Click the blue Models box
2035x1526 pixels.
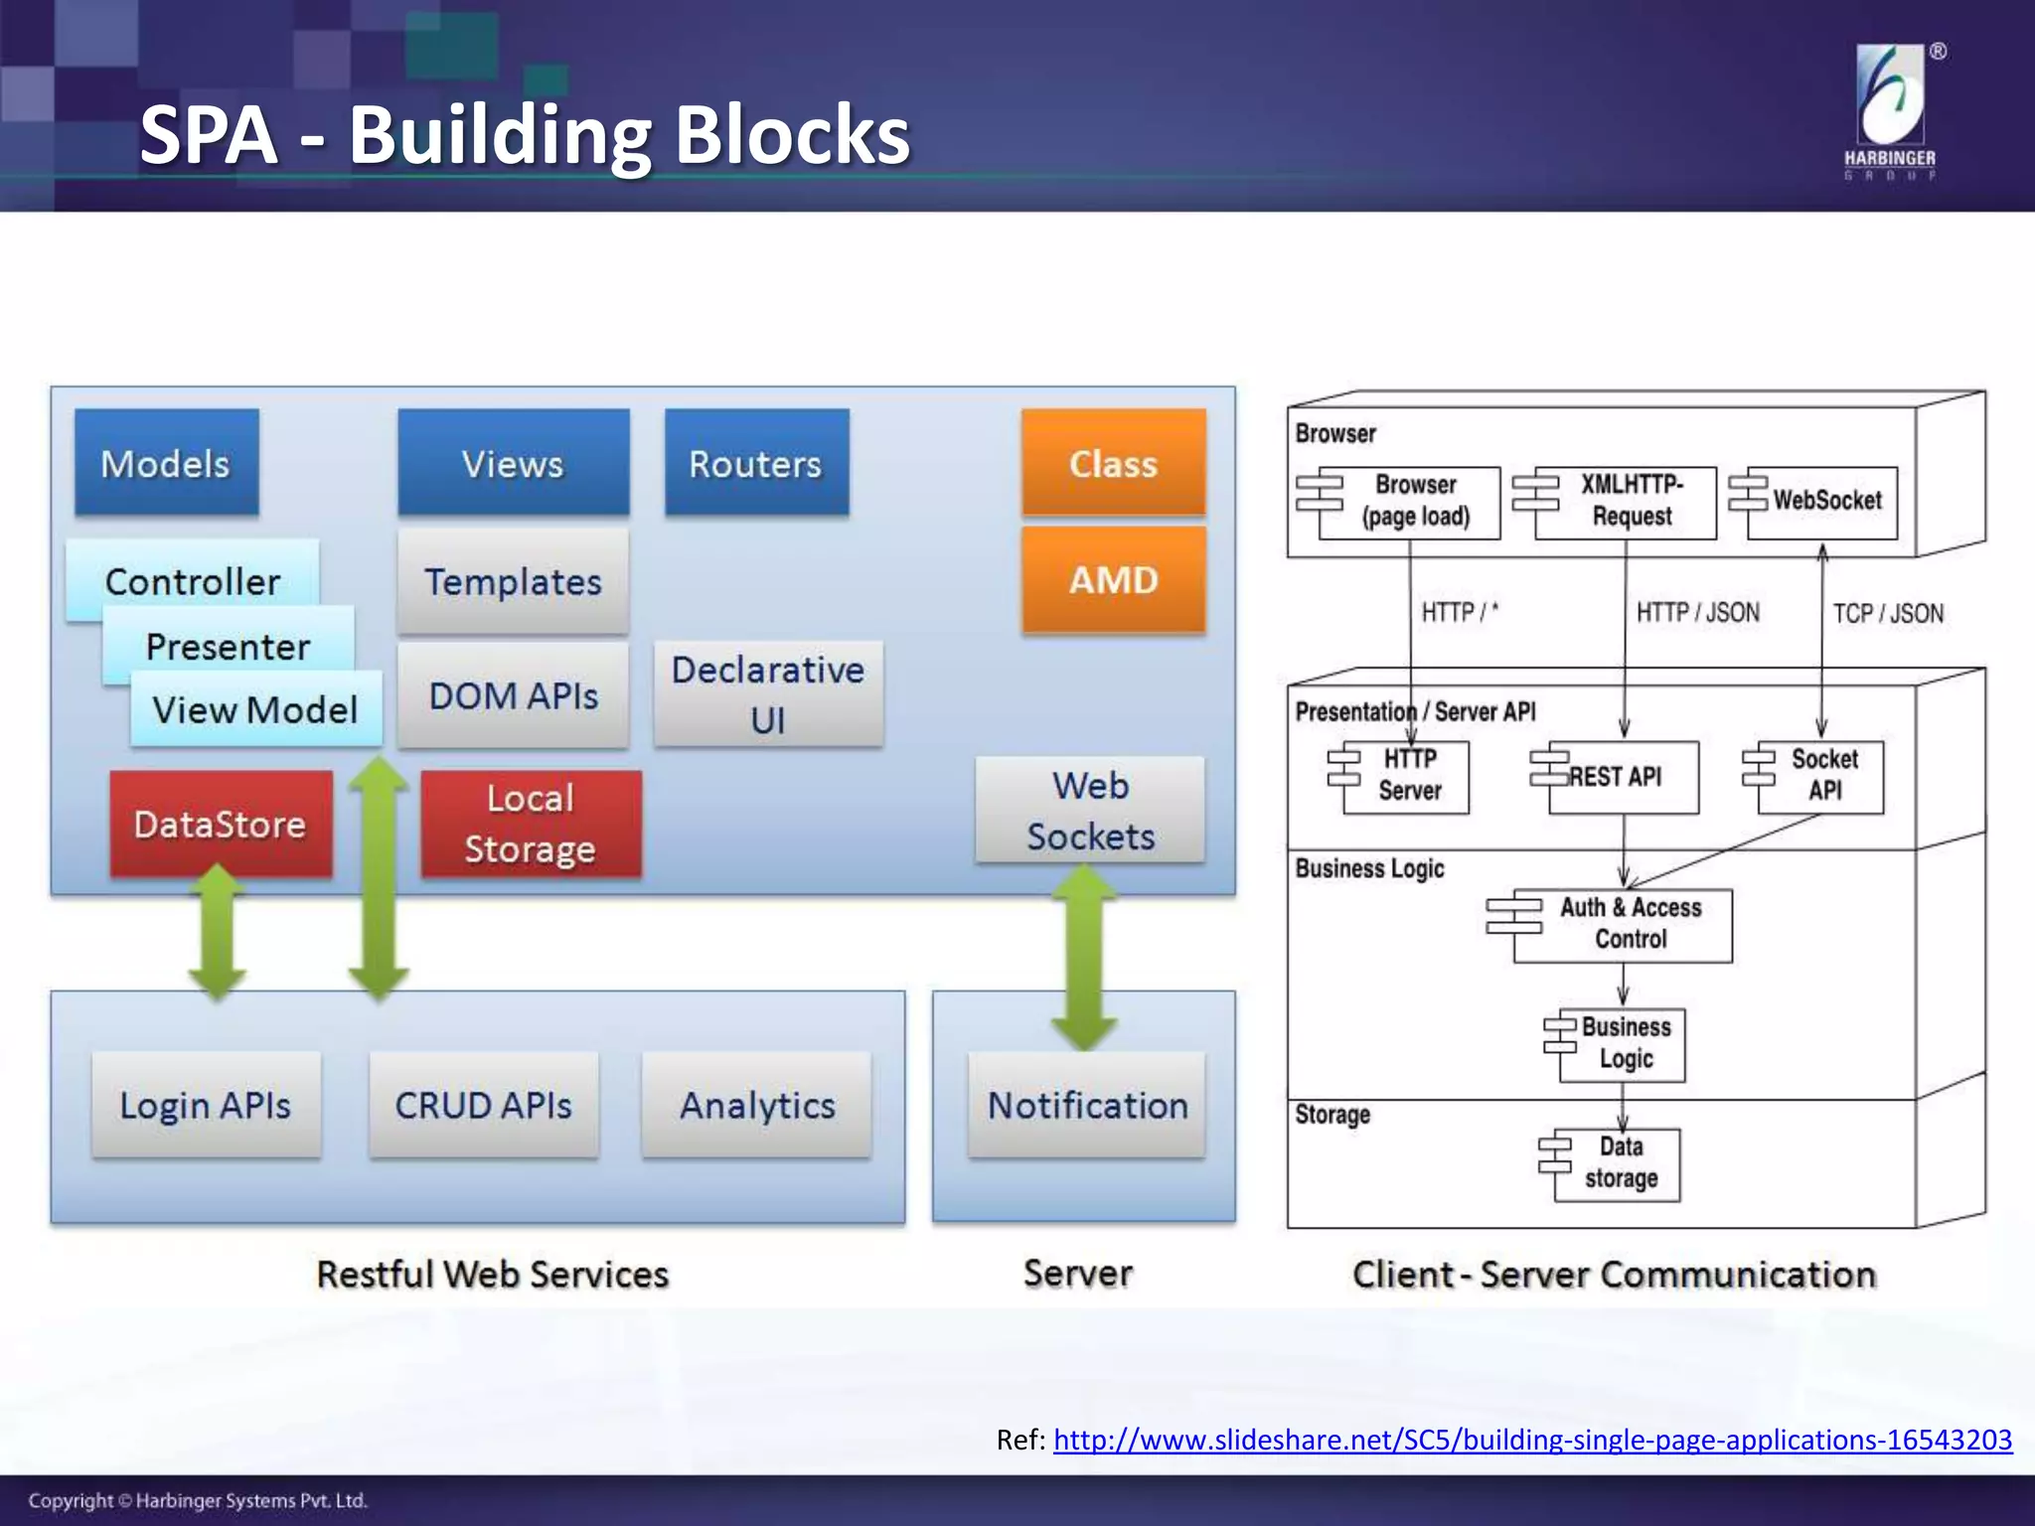(166, 463)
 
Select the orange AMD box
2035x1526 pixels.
(1113, 579)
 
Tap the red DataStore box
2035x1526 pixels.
(221, 824)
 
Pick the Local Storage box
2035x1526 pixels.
(531, 824)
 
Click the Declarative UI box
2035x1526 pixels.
(768, 693)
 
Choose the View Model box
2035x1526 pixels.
(255, 709)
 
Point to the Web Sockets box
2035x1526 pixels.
(1090, 810)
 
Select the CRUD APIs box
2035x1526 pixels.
(483, 1105)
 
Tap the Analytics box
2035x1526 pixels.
(757, 1105)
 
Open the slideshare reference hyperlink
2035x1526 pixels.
(1532, 1440)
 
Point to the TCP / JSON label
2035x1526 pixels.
(1888, 613)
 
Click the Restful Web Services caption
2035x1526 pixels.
(492, 1274)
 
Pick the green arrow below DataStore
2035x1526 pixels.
(218, 932)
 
